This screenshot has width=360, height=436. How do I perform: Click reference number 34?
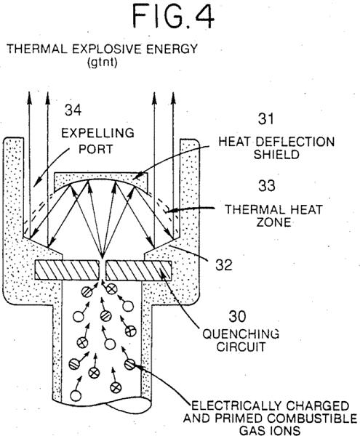point(73,110)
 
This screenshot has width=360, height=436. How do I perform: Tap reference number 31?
point(266,118)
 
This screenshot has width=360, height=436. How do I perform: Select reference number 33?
point(266,185)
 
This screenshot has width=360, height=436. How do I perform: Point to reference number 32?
point(224,265)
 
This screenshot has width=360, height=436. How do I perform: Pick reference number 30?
point(237,316)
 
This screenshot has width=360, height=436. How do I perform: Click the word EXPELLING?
point(97,133)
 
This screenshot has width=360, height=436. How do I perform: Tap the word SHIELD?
point(276,155)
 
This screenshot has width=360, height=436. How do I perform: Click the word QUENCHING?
point(241,334)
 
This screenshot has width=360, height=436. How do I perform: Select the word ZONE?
point(273,222)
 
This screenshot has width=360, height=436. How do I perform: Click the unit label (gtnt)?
point(102,62)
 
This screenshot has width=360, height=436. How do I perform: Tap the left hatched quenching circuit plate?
point(67,270)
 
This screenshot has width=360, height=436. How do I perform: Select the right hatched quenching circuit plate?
point(139,270)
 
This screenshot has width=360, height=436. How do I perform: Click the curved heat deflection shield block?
point(100,180)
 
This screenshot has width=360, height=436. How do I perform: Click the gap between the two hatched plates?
point(103,270)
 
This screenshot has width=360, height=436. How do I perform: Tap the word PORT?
point(96,149)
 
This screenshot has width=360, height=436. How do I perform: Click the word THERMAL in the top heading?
point(37,49)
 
